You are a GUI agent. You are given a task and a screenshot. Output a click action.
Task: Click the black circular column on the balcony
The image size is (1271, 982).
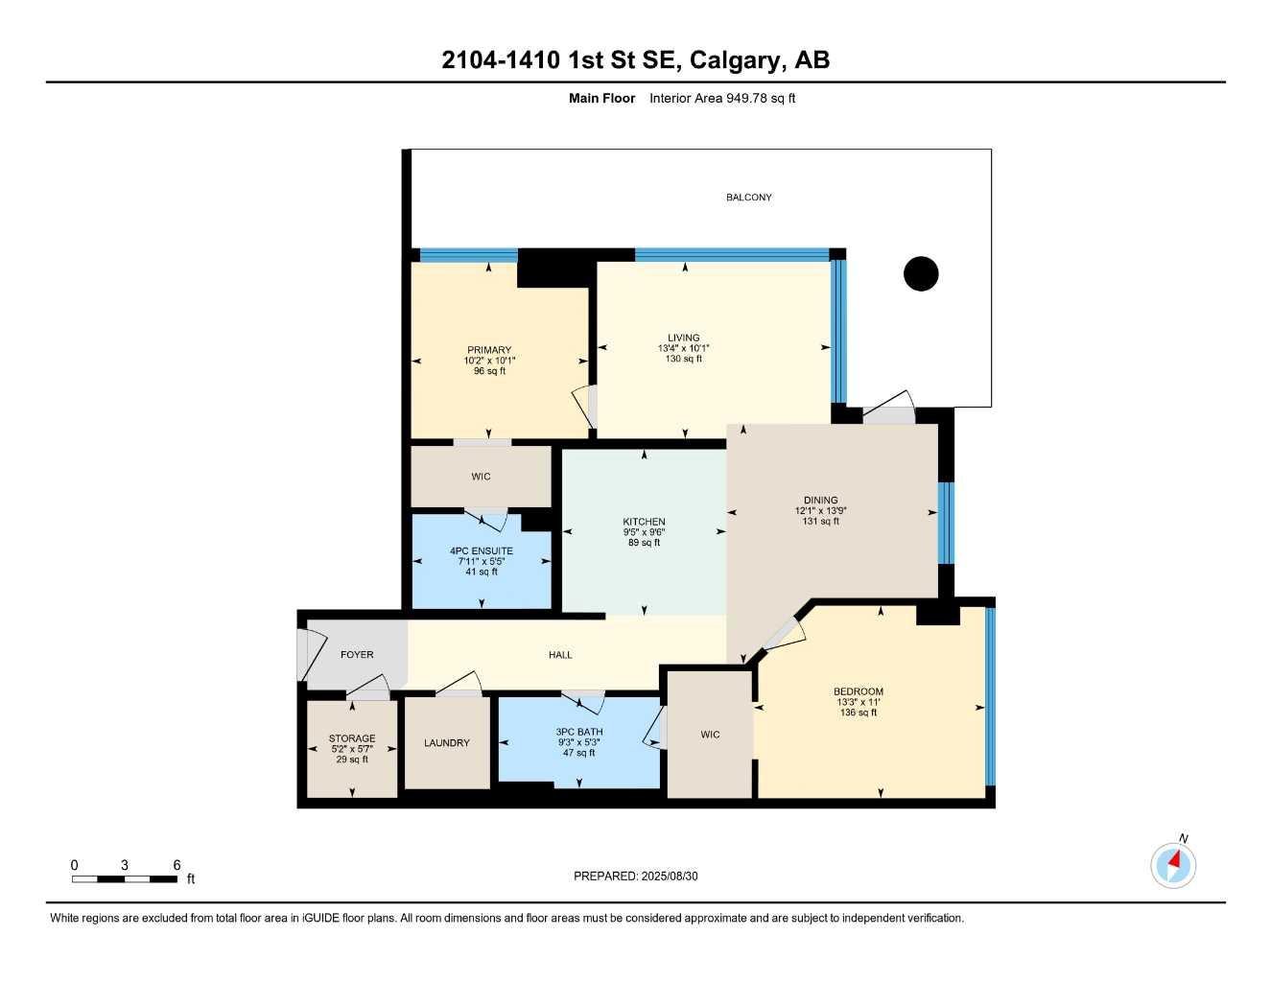pyautogui.click(x=921, y=274)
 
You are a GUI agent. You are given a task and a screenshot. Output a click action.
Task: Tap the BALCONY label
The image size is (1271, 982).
pyautogui.click(x=748, y=198)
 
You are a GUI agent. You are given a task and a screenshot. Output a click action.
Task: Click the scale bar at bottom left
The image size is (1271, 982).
pyautogui.click(x=125, y=878)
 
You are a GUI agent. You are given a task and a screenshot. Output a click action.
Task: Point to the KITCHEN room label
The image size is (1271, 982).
pyautogui.click(x=644, y=522)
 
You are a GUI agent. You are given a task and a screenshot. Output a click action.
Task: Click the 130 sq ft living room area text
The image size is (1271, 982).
pyautogui.click(x=684, y=360)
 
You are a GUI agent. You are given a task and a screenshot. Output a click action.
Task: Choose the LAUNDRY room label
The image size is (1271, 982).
pyautogui.click(x=447, y=743)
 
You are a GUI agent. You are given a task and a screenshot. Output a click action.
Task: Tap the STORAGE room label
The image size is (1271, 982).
pyautogui.click(x=352, y=739)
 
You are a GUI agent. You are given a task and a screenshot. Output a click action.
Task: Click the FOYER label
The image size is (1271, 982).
pyautogui.click(x=357, y=655)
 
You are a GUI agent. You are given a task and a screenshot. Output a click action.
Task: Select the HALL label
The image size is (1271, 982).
pyautogui.click(x=560, y=655)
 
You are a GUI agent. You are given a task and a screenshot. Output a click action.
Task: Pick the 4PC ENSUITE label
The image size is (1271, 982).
pyautogui.click(x=482, y=551)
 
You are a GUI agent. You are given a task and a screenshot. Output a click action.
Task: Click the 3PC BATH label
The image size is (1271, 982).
pyautogui.click(x=579, y=732)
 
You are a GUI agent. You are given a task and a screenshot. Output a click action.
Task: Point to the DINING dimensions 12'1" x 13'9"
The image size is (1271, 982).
pyautogui.click(x=820, y=511)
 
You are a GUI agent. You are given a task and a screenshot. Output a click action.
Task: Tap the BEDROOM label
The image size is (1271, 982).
pyautogui.click(x=859, y=691)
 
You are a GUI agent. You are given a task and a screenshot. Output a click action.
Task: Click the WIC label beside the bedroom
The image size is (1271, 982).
pyautogui.click(x=710, y=736)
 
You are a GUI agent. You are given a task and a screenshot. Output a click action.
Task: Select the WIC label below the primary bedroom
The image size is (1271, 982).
pyautogui.click(x=481, y=477)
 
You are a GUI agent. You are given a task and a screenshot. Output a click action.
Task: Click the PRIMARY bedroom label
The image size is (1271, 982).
pyautogui.click(x=489, y=350)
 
